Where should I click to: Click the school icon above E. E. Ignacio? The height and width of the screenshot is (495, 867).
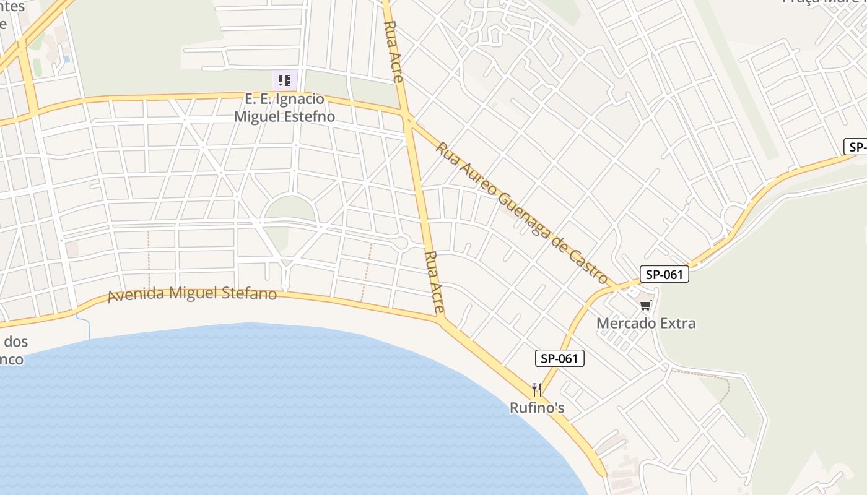[x=285, y=80]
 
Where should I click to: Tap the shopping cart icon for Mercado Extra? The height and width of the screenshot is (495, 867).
[x=646, y=304]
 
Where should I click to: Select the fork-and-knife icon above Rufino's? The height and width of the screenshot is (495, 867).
[x=537, y=390]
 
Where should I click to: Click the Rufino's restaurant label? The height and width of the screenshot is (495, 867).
[x=537, y=408]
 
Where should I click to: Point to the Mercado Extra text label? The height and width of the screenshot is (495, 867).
[x=646, y=323]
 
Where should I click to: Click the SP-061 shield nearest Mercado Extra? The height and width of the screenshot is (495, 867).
[x=664, y=275]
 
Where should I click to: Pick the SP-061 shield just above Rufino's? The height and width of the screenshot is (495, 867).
[x=560, y=358]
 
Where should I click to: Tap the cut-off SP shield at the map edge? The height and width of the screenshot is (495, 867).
[x=856, y=147]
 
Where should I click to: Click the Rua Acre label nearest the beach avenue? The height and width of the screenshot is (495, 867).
[x=435, y=282]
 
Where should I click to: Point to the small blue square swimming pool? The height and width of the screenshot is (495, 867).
[x=66, y=59]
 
